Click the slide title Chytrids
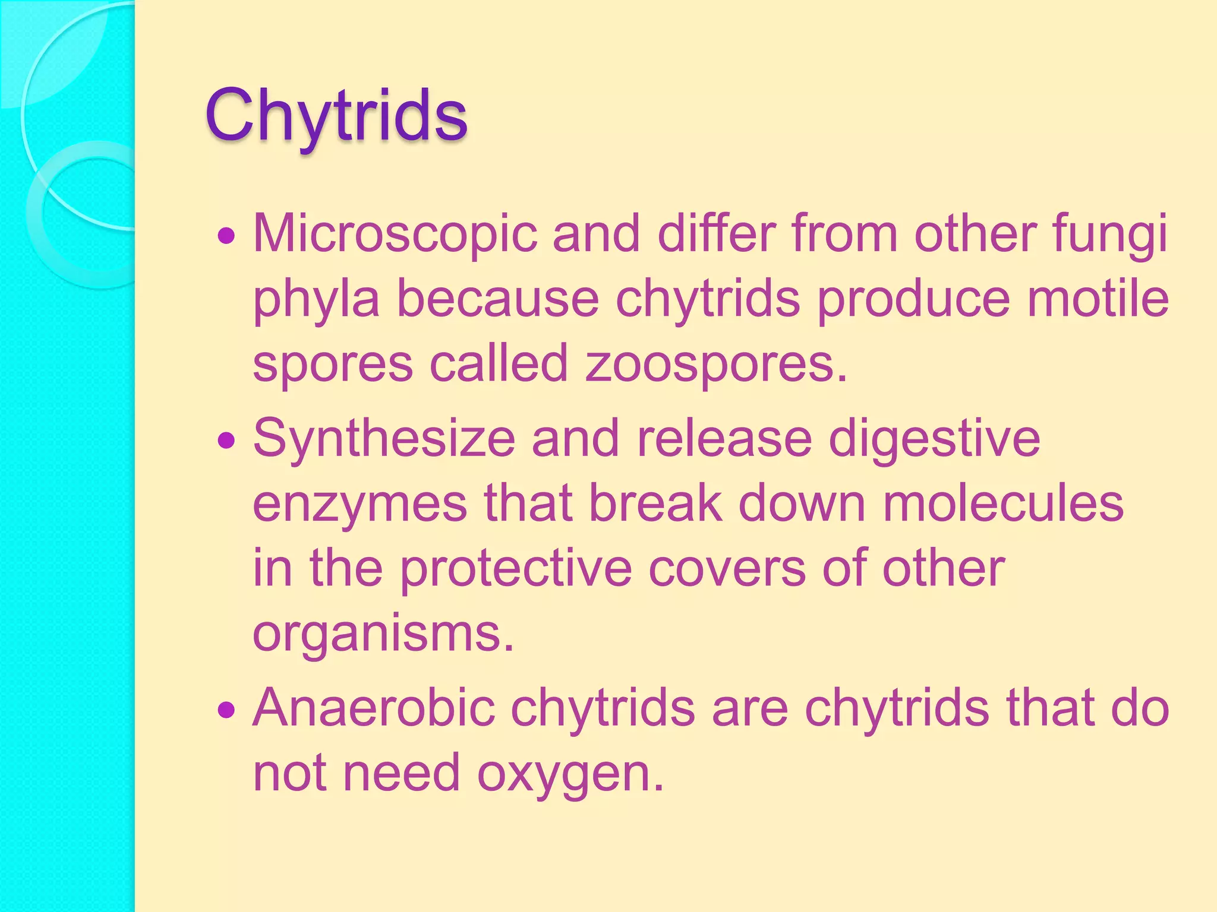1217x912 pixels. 336,116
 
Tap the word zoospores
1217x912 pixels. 715,363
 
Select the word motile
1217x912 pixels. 1098,299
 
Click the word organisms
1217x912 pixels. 383,633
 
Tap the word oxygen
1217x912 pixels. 570,773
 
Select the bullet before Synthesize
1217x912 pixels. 226,441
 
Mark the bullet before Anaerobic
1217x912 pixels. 226,710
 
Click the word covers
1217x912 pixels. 727,568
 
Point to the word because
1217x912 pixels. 498,299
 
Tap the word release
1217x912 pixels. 724,439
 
